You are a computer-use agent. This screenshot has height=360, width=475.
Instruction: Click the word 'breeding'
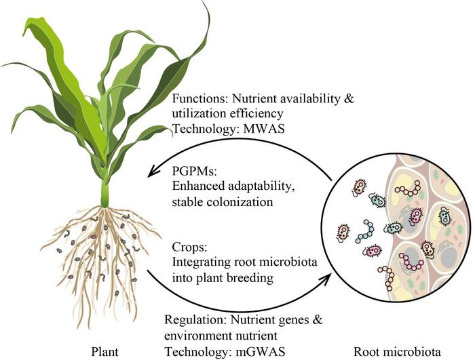pos(263,277)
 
